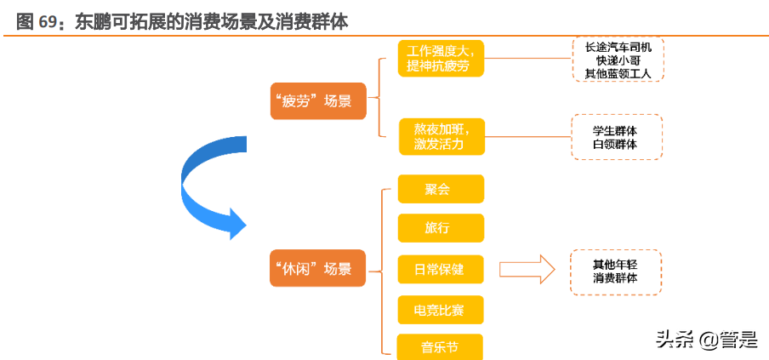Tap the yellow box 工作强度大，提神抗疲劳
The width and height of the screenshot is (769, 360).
pyautogui.click(x=441, y=58)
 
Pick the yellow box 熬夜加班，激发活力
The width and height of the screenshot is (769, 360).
pyautogui.click(x=441, y=136)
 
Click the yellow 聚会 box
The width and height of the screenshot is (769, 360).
pyautogui.click(x=441, y=189)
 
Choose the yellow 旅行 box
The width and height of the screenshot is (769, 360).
pyautogui.click(x=441, y=228)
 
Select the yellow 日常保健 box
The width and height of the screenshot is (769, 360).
pyautogui.click(x=441, y=269)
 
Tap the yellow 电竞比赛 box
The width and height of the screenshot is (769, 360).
pyautogui.click(x=441, y=310)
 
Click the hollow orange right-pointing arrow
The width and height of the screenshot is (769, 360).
pyautogui.click(x=527, y=270)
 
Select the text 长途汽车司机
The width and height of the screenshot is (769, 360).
pyautogui.click(x=618, y=47)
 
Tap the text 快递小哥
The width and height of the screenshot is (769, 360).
pyautogui.click(x=618, y=60)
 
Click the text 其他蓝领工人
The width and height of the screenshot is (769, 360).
pyautogui.click(x=618, y=74)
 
